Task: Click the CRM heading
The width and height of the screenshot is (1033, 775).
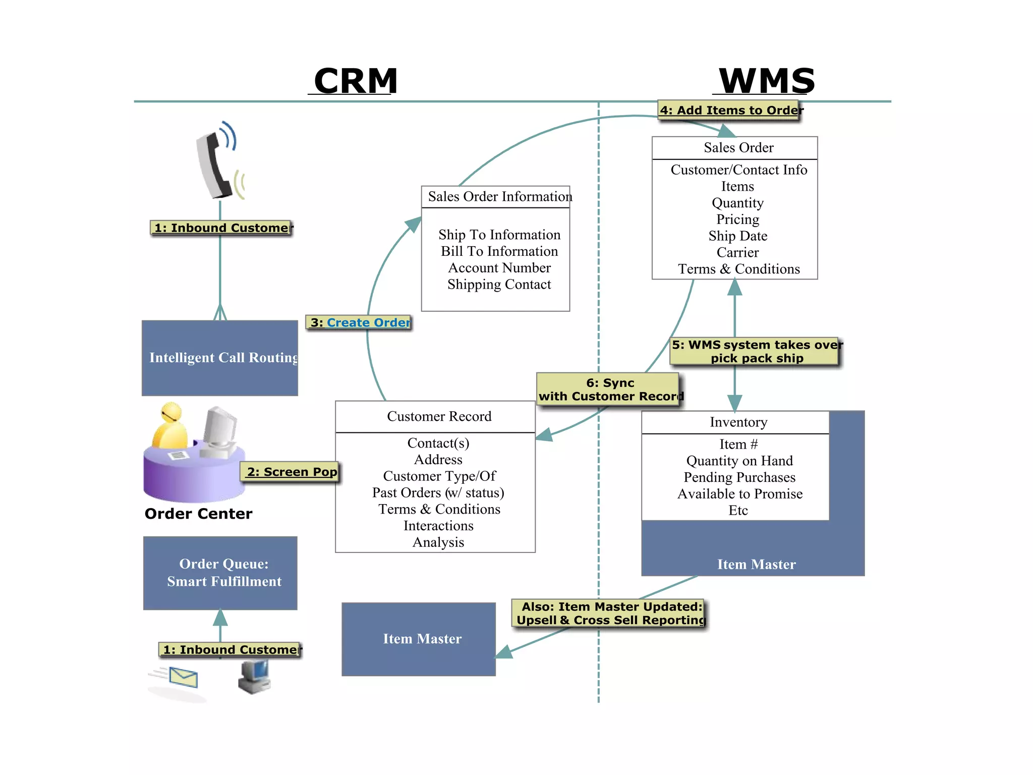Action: tap(356, 81)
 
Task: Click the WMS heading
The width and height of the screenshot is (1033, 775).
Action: tap(766, 81)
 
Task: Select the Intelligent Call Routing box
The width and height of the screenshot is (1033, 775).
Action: tap(220, 358)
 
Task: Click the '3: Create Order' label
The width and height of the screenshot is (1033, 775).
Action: tap(359, 322)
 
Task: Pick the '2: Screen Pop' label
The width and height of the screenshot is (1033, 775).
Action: tap(291, 472)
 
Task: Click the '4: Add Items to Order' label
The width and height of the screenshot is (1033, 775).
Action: tap(729, 110)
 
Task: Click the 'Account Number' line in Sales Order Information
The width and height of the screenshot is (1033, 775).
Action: tap(499, 268)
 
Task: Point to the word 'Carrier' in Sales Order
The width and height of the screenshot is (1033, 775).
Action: tap(737, 252)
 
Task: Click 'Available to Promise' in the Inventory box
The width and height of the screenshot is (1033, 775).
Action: tap(739, 494)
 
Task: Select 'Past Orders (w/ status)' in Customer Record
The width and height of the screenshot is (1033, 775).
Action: tap(438, 492)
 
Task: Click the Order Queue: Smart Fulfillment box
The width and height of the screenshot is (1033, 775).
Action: tap(220, 573)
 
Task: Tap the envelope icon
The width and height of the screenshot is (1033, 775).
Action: tap(183, 677)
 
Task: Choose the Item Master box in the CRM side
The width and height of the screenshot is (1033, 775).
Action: tap(419, 639)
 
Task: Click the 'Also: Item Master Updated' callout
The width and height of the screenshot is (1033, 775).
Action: tap(609, 613)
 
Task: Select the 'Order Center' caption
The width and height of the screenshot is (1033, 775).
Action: tap(198, 514)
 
